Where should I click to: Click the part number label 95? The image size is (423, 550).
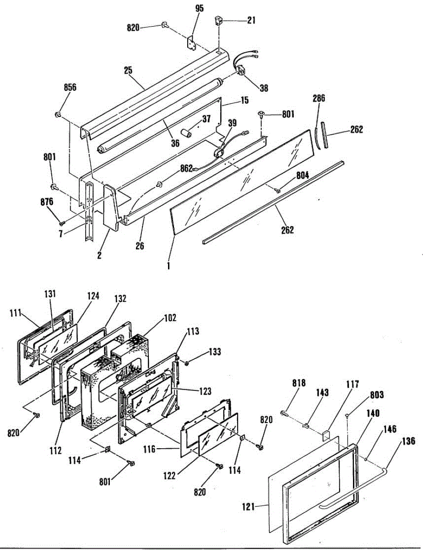200,9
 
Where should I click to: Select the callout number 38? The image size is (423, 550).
264,88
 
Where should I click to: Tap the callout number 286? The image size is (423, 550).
320,98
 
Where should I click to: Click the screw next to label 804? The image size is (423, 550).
278,190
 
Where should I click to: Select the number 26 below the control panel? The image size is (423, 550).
140,246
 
